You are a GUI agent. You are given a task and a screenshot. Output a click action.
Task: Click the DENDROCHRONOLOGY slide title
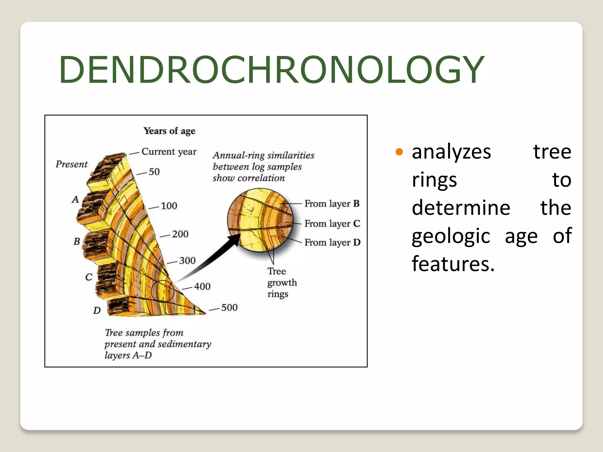point(271,70)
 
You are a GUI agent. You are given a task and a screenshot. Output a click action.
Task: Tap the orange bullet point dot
point(399,152)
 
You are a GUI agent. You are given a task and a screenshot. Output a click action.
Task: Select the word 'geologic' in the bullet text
point(451,236)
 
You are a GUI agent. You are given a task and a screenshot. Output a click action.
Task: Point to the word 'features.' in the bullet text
point(453,264)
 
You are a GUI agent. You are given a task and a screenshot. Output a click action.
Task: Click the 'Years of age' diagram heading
point(169,131)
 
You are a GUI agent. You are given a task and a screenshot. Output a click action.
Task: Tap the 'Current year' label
point(169,152)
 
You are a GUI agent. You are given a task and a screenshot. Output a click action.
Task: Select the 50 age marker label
point(154,172)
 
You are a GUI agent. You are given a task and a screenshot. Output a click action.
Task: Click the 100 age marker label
point(169,206)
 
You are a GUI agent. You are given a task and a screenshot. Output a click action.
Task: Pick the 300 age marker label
point(187,260)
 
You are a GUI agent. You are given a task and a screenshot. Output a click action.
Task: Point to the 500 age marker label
point(229,308)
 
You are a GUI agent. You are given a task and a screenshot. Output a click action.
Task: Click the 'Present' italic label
point(72,164)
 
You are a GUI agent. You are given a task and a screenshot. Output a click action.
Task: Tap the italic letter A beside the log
point(75,200)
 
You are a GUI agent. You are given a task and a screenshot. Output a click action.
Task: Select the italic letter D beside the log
point(97,310)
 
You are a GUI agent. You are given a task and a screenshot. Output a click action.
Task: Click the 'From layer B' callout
point(332,204)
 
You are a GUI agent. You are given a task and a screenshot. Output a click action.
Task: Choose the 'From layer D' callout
point(332,242)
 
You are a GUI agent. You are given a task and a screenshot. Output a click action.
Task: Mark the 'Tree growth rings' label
point(281,282)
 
